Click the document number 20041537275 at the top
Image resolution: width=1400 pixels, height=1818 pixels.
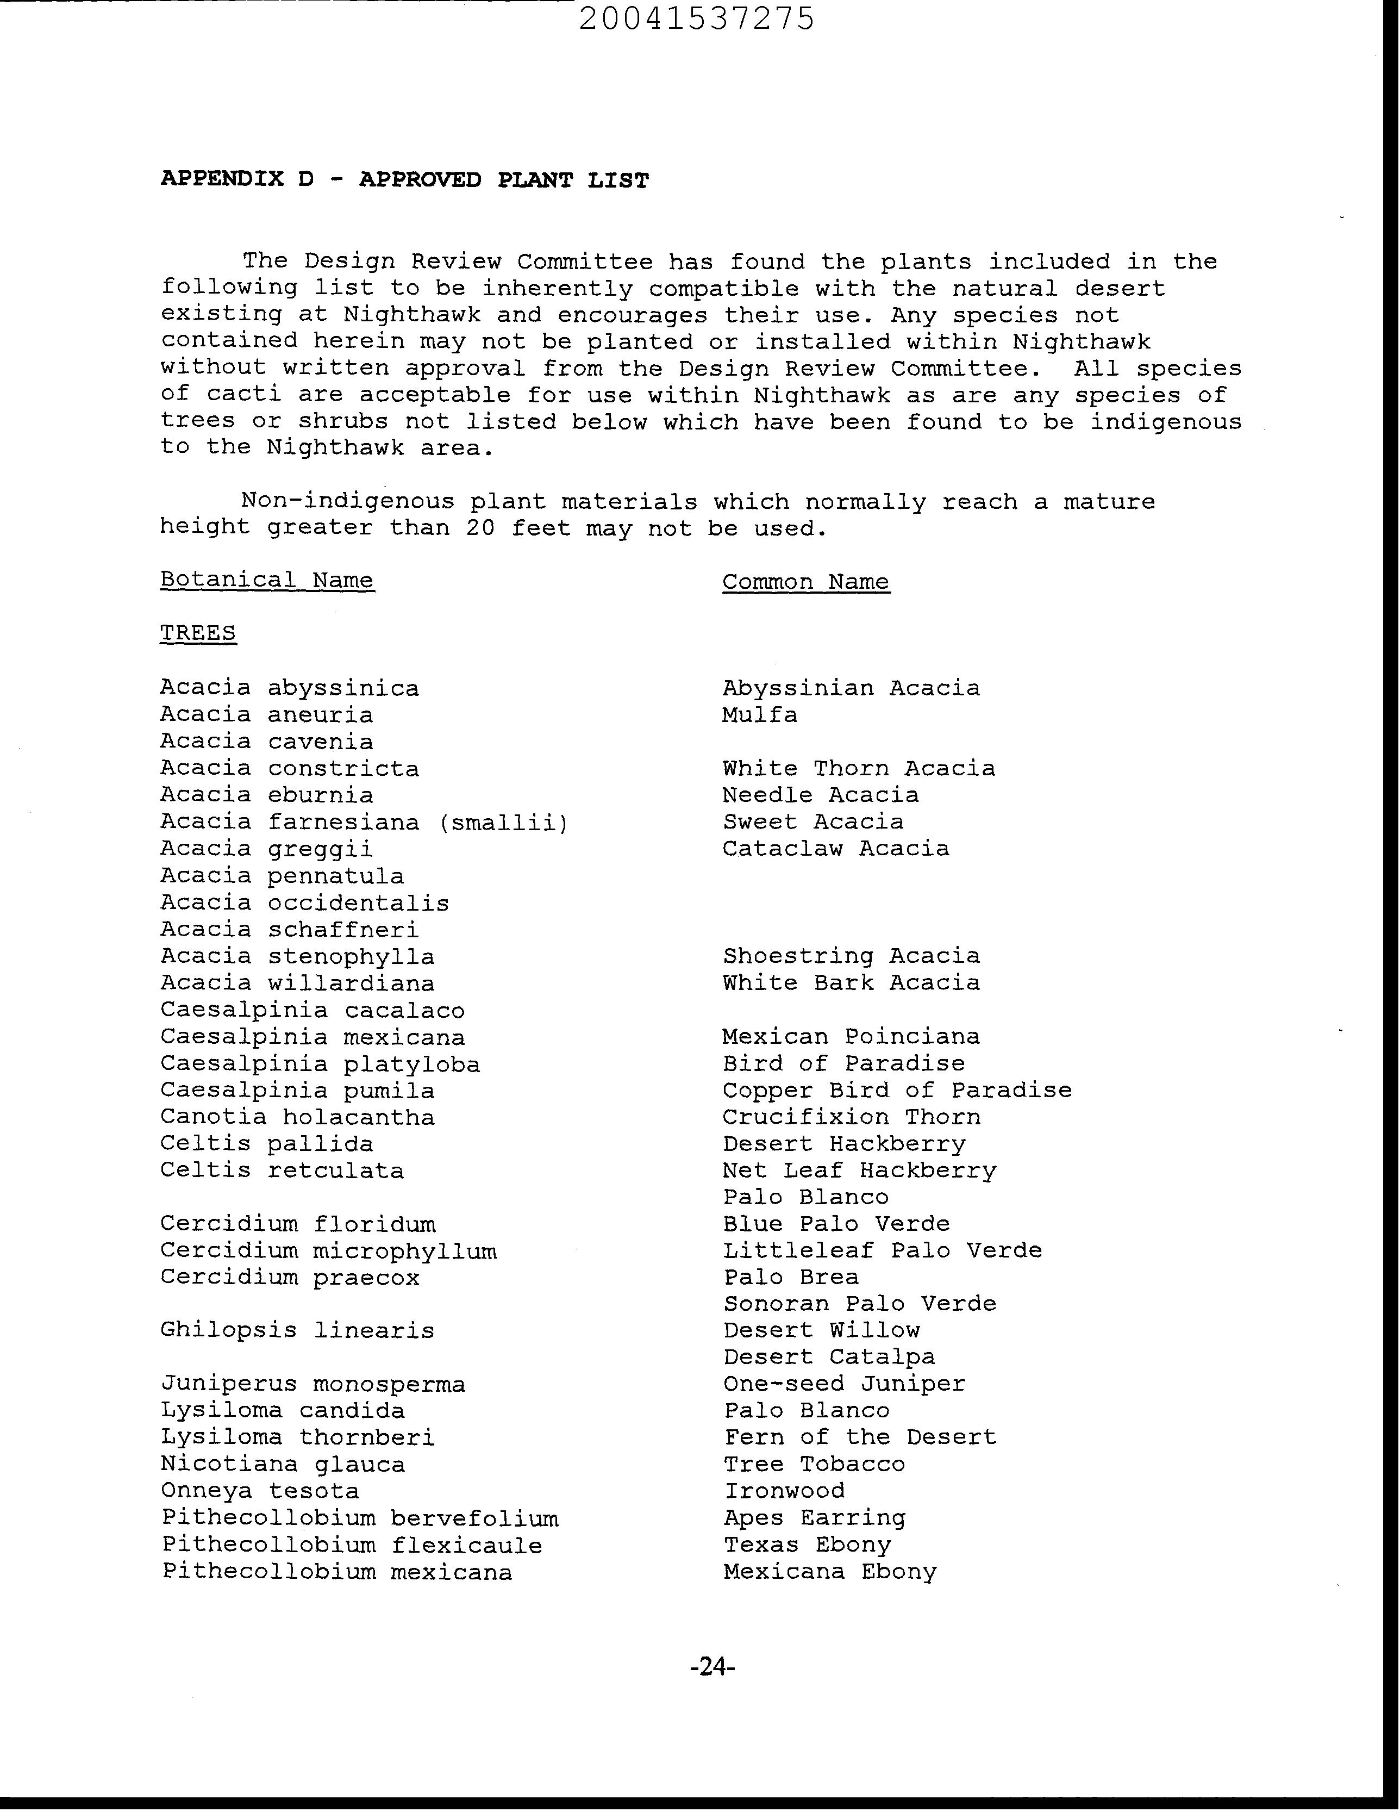(697, 18)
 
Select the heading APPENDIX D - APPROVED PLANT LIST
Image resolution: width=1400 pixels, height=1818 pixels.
(404, 180)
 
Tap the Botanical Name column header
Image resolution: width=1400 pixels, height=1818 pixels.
(267, 580)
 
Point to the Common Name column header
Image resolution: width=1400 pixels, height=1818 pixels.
(806, 581)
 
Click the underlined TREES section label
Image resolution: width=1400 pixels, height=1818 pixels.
(198, 633)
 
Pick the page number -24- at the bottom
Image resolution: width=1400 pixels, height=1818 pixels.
(712, 1666)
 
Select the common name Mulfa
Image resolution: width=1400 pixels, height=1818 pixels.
(759, 714)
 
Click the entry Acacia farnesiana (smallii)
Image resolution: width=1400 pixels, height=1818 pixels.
(365, 823)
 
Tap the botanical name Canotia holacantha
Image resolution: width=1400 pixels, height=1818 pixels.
(297, 1117)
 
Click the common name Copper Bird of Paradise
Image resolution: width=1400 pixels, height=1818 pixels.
(896, 1091)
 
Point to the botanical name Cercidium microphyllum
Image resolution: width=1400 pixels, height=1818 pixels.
(329, 1251)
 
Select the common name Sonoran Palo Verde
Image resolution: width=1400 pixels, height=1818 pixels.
(859, 1304)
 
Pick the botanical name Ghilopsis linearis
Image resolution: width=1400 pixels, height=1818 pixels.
(297, 1330)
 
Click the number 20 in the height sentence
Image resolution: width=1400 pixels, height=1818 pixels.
(480, 528)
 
